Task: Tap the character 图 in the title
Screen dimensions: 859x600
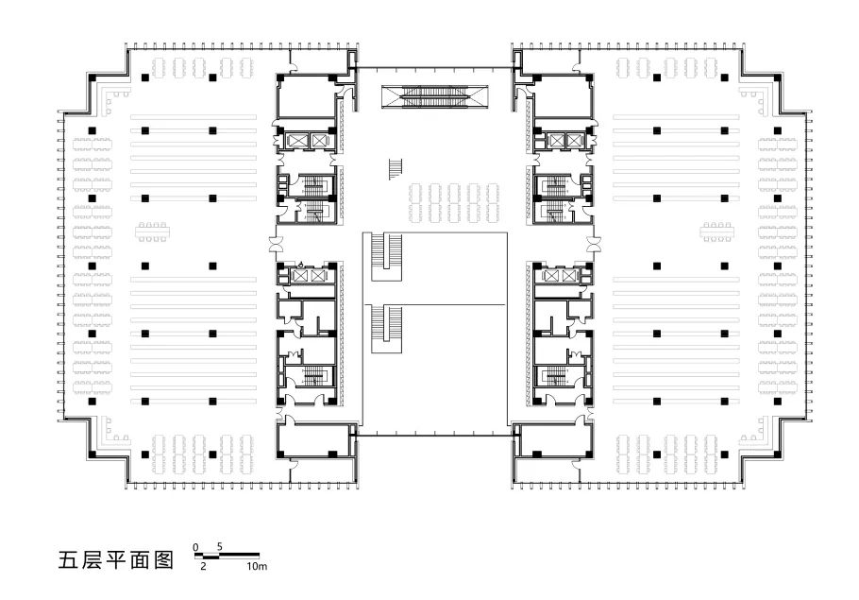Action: (x=164, y=560)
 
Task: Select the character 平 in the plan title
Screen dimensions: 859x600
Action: (x=115, y=560)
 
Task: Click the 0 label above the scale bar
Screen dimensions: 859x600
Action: (x=196, y=547)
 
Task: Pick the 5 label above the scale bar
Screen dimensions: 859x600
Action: (x=220, y=547)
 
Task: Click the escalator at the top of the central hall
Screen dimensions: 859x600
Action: (x=434, y=96)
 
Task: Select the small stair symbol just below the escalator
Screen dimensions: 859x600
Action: (x=396, y=169)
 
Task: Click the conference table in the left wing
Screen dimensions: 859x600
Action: (x=152, y=232)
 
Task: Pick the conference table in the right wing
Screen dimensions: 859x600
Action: (x=716, y=232)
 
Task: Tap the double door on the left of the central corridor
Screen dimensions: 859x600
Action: (x=275, y=243)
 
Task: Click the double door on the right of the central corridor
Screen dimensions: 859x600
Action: (x=592, y=243)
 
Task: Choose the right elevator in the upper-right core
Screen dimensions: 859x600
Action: (x=573, y=141)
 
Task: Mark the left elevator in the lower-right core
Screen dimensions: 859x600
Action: (x=553, y=276)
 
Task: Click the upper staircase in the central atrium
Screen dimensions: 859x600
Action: (x=387, y=257)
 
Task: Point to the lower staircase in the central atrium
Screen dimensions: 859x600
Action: (x=387, y=330)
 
